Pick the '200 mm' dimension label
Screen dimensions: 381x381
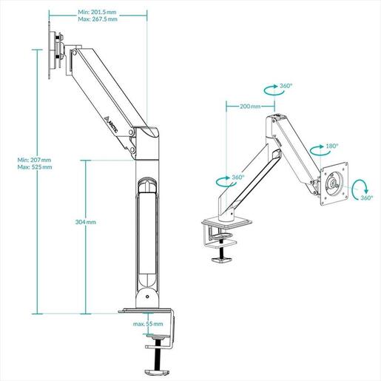coord(249,107)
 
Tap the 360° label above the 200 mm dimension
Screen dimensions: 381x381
coord(286,87)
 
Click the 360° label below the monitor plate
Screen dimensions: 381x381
coord(368,198)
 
